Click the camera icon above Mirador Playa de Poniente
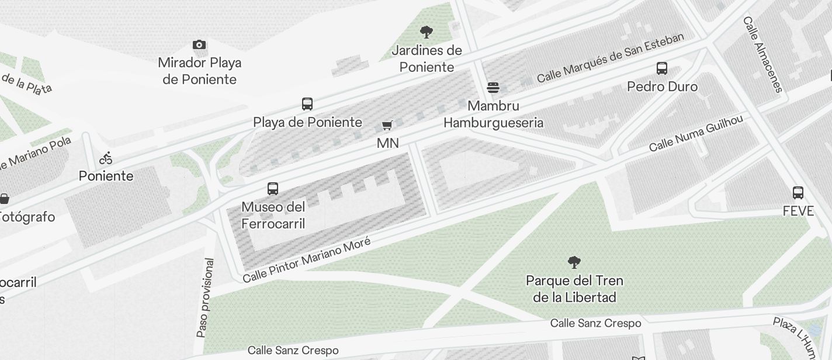click(x=199, y=45)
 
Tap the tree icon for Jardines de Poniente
click(x=427, y=32)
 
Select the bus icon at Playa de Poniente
click(x=307, y=104)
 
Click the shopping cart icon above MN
click(x=387, y=125)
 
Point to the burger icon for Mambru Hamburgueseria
click(x=493, y=88)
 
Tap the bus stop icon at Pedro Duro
click(x=662, y=68)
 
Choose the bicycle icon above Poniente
click(x=106, y=158)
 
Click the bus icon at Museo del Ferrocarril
click(x=273, y=189)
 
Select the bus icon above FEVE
click(x=798, y=193)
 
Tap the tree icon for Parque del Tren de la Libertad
click(x=574, y=262)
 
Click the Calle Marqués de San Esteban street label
click(x=610, y=58)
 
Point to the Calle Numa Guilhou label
click(x=696, y=133)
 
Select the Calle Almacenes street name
click(x=762, y=54)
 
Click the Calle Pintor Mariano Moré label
click(x=307, y=260)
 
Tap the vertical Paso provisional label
click(x=205, y=297)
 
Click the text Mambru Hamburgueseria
click(x=494, y=115)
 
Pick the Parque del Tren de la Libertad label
click(x=574, y=289)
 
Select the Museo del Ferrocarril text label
click(x=273, y=215)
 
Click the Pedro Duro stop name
click(x=662, y=87)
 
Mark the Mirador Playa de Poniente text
click(x=200, y=71)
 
